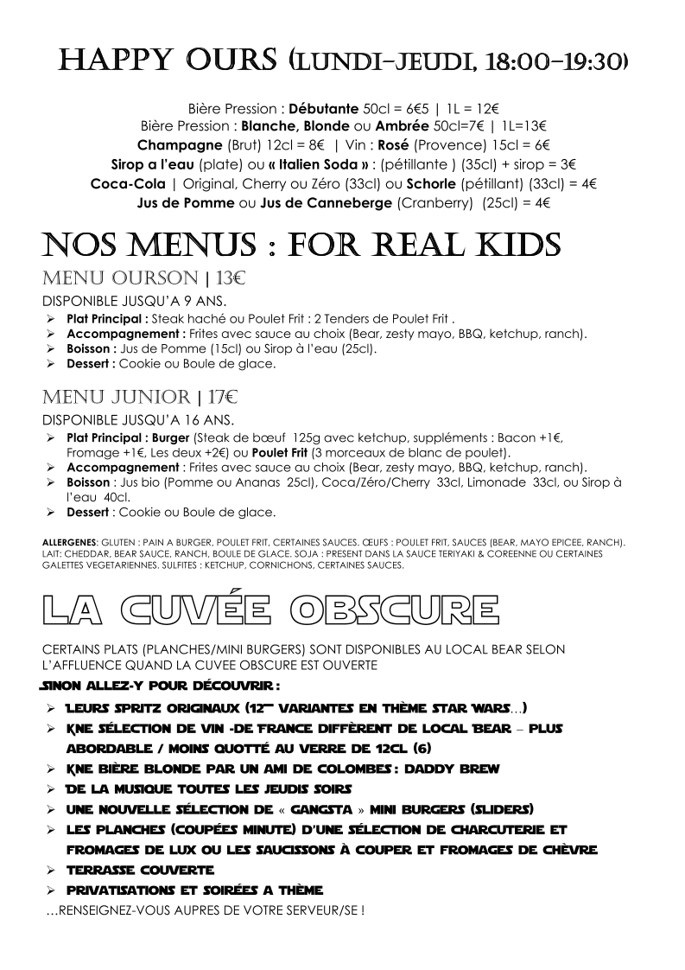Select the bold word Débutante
pyautogui.click(x=324, y=109)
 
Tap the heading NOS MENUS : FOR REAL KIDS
pyautogui.click(x=301, y=245)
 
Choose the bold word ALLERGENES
pyautogui.click(x=68, y=543)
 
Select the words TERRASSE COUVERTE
pyautogui.click(x=140, y=869)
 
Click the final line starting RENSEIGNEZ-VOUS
pyautogui.click(x=204, y=910)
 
